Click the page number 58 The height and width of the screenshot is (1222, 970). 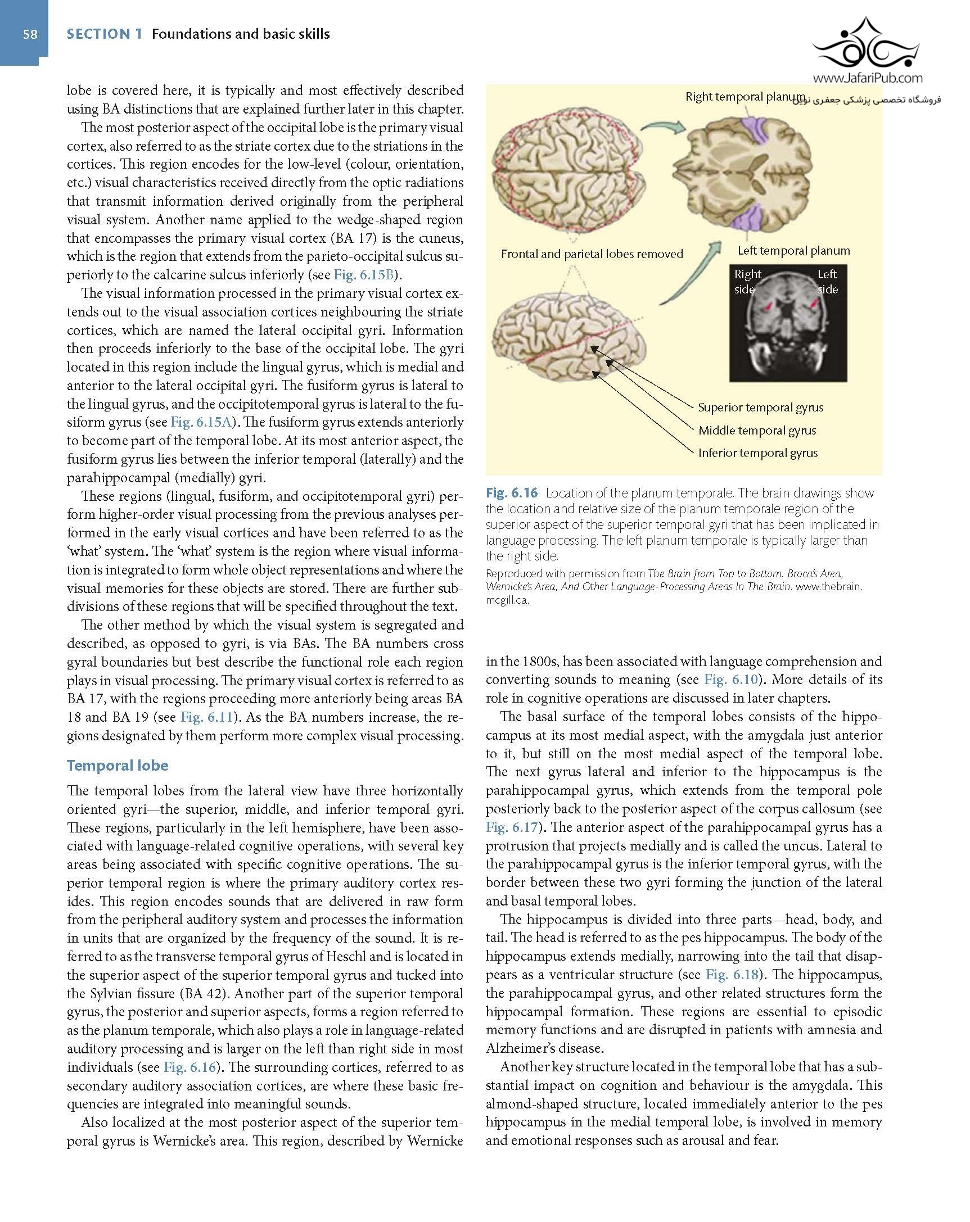[30, 34]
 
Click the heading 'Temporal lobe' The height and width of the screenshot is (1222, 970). [118, 765]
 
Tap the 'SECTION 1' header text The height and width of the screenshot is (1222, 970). [105, 34]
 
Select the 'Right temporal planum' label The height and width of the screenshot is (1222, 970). [745, 96]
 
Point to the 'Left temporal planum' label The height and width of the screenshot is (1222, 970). [793, 251]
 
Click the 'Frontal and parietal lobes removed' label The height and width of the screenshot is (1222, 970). [592, 254]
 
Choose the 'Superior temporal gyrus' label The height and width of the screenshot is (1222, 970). [760, 408]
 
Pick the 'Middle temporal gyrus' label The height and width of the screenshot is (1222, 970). [757, 430]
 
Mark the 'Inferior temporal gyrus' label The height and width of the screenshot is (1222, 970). [757, 453]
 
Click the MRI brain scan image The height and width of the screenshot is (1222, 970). [787, 323]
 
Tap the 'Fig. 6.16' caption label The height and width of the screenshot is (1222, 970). [511, 493]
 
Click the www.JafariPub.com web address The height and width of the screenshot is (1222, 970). [868, 78]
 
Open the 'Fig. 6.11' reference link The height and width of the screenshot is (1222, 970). [206, 717]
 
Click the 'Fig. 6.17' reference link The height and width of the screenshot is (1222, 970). [511, 827]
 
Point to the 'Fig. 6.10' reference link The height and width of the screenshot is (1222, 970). [731, 679]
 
